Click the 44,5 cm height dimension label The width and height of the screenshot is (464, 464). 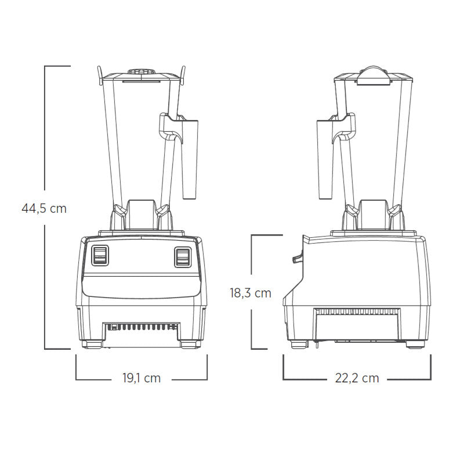click(x=44, y=208)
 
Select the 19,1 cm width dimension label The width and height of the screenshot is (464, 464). click(x=142, y=378)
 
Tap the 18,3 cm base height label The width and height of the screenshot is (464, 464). click(x=251, y=293)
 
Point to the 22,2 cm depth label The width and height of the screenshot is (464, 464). click(x=357, y=378)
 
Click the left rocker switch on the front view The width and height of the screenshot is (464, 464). click(x=100, y=255)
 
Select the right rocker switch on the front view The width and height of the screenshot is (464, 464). click(x=183, y=257)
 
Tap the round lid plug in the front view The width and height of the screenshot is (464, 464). click(x=142, y=71)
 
